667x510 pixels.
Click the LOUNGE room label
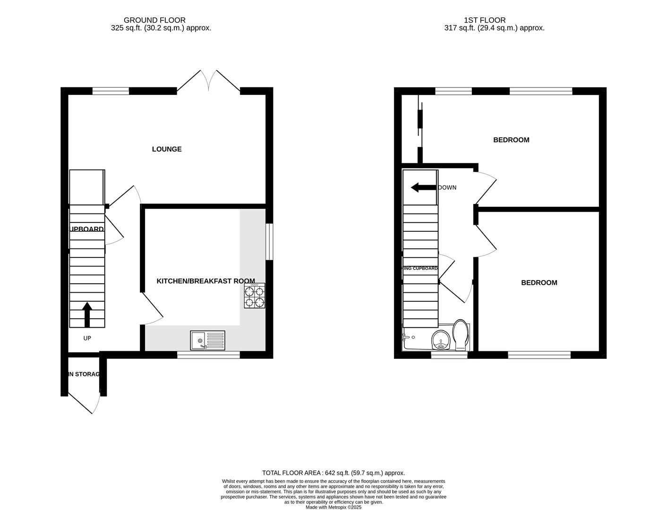click(167, 149)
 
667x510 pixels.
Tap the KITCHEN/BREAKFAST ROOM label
click(205, 281)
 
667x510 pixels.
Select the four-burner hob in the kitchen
click(254, 296)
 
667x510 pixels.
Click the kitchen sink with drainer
click(208, 340)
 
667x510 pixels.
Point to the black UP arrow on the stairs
click(87, 314)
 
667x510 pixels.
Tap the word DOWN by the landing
click(447, 187)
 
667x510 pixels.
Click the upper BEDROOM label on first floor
click(511, 140)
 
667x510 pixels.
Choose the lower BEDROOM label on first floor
click(539, 283)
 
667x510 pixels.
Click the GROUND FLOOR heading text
click(154, 20)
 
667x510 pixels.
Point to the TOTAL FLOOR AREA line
click(333, 473)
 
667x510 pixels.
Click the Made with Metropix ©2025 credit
click(333, 507)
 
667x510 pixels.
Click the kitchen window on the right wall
click(269, 241)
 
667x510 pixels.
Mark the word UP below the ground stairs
click(87, 338)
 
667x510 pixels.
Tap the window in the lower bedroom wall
click(539, 355)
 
